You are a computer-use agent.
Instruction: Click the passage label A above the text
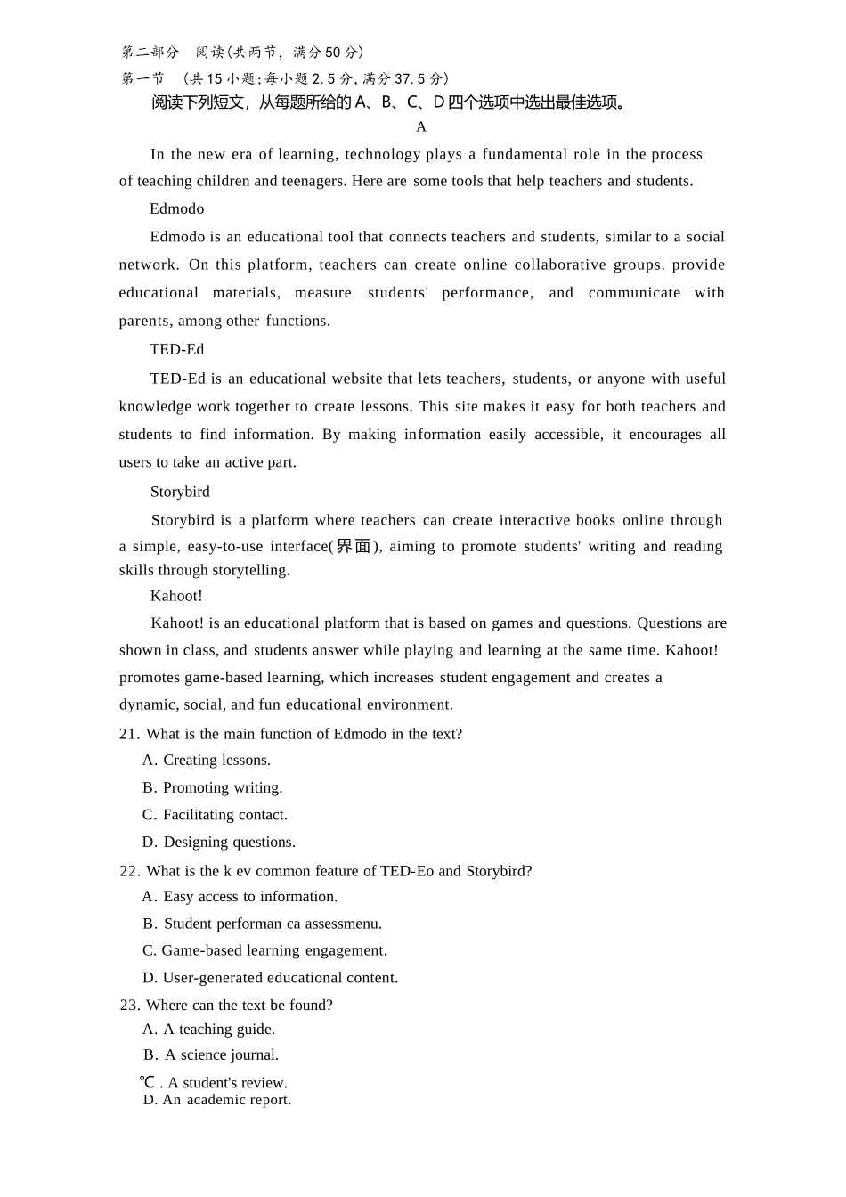pyautogui.click(x=421, y=127)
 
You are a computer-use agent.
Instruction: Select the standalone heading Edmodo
pyautogui.click(x=176, y=208)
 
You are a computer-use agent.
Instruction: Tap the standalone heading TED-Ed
pyautogui.click(x=176, y=349)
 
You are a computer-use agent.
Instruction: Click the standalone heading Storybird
pyautogui.click(x=180, y=492)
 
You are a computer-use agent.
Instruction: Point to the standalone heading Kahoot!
pyautogui.click(x=176, y=596)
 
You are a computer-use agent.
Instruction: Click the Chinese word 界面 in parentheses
pyautogui.click(x=354, y=546)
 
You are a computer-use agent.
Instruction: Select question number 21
pyautogui.click(x=129, y=734)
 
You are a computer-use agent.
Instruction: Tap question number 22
pyautogui.click(x=129, y=871)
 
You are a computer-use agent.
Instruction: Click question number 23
pyautogui.click(x=130, y=1005)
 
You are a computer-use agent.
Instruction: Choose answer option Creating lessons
pyautogui.click(x=216, y=760)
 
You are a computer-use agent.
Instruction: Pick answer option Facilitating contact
pyautogui.click(x=224, y=815)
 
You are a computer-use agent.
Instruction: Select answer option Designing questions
pyautogui.click(x=229, y=842)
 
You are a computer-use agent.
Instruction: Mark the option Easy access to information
pyautogui.click(x=250, y=897)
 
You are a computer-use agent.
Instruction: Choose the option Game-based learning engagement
pyautogui.click(x=274, y=950)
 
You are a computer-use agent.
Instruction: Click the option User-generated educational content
pyautogui.click(x=280, y=978)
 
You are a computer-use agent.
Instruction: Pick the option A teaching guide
pyautogui.click(x=219, y=1030)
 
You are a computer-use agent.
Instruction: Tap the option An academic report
pyautogui.click(x=226, y=1100)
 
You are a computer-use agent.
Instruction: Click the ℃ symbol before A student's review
pyautogui.click(x=148, y=1083)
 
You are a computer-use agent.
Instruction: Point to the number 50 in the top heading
pyautogui.click(x=333, y=53)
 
